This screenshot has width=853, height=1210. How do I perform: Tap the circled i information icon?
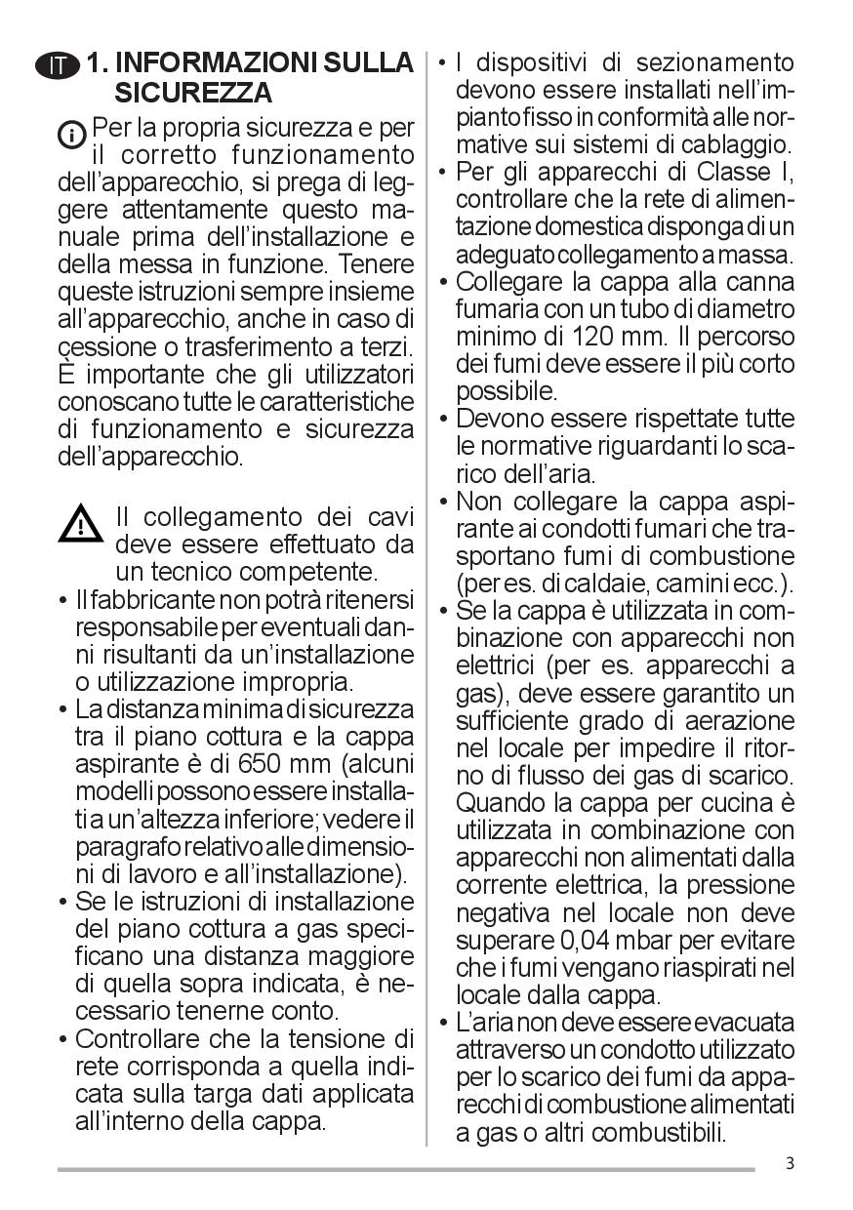pyautogui.click(x=72, y=134)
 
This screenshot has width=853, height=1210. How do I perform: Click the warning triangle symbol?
pyautogui.click(x=80, y=525)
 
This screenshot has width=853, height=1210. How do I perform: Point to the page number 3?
pyautogui.click(x=789, y=1163)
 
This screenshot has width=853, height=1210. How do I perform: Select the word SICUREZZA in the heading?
pyautogui.click(x=193, y=94)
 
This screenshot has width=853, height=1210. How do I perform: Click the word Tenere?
pyautogui.click(x=375, y=264)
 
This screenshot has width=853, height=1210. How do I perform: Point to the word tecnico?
pyautogui.click(x=186, y=571)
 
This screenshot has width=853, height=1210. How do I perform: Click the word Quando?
pyautogui.click(x=503, y=805)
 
